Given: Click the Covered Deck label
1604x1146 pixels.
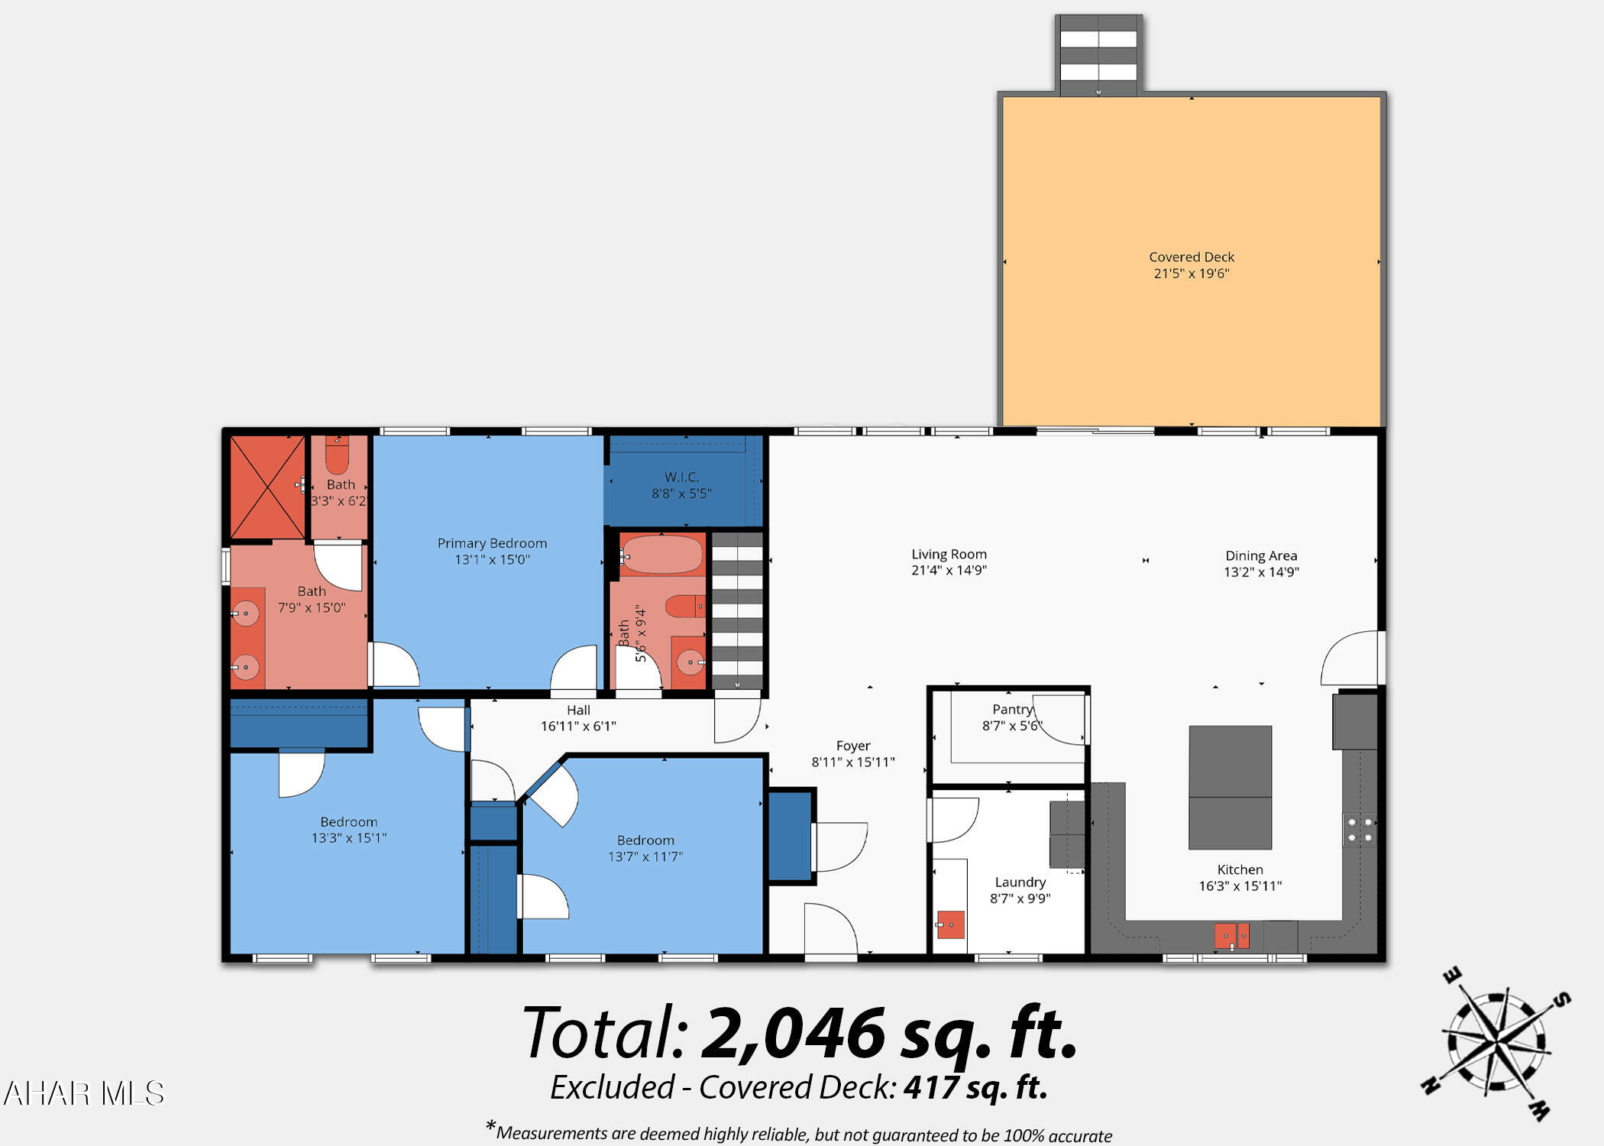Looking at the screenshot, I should pyautogui.click(x=1191, y=257).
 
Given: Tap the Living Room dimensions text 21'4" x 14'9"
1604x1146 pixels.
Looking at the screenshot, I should pyautogui.click(x=949, y=570).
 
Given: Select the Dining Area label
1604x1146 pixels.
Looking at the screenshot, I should pyautogui.click(x=1261, y=555).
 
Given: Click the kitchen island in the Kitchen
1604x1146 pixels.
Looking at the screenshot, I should pyautogui.click(x=1230, y=787).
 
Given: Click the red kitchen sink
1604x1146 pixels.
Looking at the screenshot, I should pyautogui.click(x=1232, y=935).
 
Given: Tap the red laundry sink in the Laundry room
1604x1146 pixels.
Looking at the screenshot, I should pyautogui.click(x=950, y=924).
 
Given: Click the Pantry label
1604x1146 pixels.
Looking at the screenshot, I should pyautogui.click(x=1012, y=710).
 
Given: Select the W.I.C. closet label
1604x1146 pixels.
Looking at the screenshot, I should pyautogui.click(x=681, y=477).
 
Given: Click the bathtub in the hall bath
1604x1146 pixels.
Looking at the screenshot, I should pyautogui.click(x=661, y=555).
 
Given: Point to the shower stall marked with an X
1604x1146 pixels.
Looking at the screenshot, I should pyautogui.click(x=267, y=486).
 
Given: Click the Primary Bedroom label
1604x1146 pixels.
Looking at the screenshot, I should pyautogui.click(x=492, y=543).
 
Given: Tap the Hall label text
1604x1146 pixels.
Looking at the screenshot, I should pyautogui.click(x=578, y=710).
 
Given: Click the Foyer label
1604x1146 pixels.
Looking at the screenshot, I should pyautogui.click(x=852, y=746).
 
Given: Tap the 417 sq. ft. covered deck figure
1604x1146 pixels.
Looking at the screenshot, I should pyautogui.click(x=975, y=1087).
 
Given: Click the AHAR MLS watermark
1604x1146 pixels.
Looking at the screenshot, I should pyautogui.click(x=84, y=1093).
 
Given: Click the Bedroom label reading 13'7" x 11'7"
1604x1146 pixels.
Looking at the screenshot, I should pyautogui.click(x=645, y=848).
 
